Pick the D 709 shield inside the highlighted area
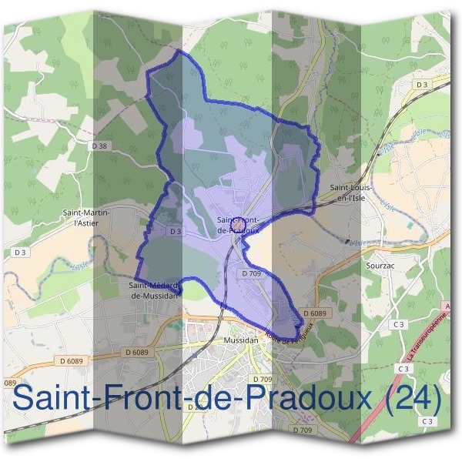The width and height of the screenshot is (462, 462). (252, 273)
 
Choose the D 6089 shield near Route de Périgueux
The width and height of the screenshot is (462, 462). (315, 314)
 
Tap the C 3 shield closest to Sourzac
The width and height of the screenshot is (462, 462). (398, 325)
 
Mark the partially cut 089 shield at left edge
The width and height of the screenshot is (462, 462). (9, 383)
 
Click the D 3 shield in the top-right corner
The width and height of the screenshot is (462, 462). (420, 84)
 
